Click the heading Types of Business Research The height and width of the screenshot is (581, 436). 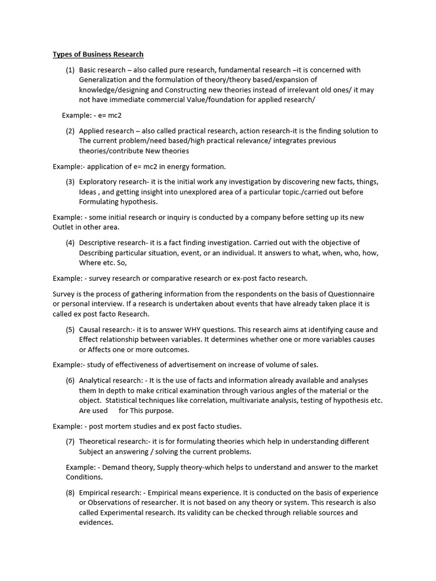[x=98, y=54]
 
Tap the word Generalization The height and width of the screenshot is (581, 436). [x=104, y=80]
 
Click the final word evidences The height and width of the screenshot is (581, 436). [x=97, y=523]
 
